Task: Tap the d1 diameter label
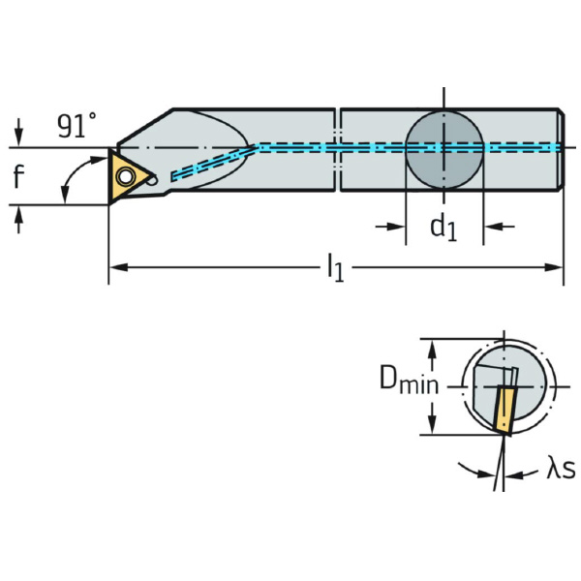[443, 228]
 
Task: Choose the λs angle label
[559, 470]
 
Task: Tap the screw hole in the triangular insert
[125, 176]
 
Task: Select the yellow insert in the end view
[502, 410]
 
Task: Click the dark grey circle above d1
[443, 148]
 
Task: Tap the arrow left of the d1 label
[392, 227]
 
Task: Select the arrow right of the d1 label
[495, 227]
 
